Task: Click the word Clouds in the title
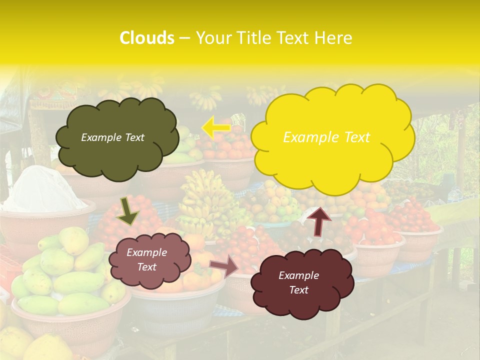[147, 38]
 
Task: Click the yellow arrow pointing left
[215, 127]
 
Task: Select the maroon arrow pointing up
[318, 221]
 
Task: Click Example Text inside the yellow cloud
[326, 137]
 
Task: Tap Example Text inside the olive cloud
[112, 137]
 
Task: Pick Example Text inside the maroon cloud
[298, 282]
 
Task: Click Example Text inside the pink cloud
[146, 260]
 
